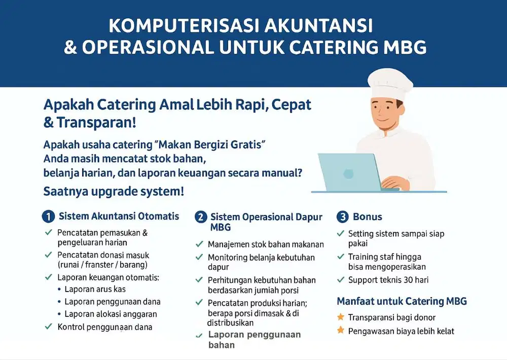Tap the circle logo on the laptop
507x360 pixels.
point(348,174)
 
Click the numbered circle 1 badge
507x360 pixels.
point(48,217)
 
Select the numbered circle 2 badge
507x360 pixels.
point(201,217)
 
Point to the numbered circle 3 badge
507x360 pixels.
point(343,217)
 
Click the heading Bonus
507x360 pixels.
point(368,217)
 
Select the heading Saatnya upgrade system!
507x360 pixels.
point(114,192)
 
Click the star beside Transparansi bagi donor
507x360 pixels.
point(341,317)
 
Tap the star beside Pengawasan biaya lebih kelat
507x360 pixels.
point(341,331)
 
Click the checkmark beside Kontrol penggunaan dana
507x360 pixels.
point(49,327)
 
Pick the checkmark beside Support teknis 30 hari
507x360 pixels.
point(341,279)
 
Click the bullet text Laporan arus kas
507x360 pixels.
point(95,289)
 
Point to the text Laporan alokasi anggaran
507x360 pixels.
point(111,314)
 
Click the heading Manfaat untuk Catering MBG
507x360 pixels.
point(402,301)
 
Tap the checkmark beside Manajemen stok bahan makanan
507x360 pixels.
point(200,244)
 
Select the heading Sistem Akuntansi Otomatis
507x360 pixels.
point(119,216)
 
